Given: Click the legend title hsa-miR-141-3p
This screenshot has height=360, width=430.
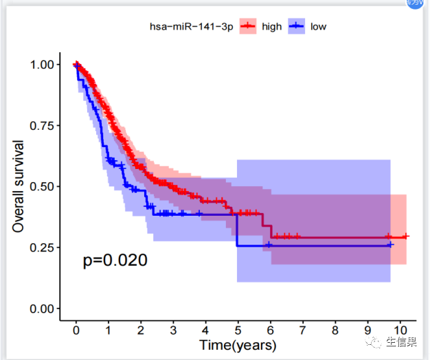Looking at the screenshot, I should click(191, 27).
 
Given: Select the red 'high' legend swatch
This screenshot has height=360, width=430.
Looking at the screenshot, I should click(247, 27).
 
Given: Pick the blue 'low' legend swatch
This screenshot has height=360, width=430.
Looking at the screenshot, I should click(296, 27).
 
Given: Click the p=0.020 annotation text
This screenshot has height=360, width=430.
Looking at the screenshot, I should click(115, 260).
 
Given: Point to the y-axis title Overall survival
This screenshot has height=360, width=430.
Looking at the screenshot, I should click(19, 186).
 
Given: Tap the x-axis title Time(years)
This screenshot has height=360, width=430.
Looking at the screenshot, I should click(238, 344).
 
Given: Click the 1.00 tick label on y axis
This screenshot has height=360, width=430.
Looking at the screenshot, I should click(44, 65).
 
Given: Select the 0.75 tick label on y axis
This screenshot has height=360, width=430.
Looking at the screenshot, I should click(44, 126).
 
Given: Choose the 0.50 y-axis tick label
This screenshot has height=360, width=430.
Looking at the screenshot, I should click(44, 187).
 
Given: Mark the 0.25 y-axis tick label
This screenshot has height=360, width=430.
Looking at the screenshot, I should click(44, 247).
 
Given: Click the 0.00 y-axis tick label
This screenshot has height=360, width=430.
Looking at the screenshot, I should click(44, 308).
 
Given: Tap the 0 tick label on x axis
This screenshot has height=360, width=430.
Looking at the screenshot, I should click(76, 329).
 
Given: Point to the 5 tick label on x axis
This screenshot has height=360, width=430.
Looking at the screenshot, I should click(238, 329).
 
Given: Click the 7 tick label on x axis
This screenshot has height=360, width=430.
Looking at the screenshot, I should click(303, 329).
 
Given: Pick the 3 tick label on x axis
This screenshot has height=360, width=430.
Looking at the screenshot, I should click(173, 329).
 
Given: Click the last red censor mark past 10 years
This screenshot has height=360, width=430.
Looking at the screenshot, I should click(406, 236).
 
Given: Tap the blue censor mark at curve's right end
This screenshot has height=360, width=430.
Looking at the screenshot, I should click(390, 245).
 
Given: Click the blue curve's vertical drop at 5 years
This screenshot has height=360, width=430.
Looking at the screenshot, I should click(237, 230).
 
